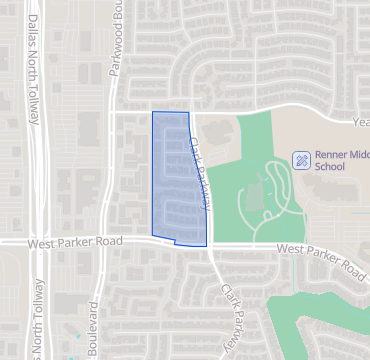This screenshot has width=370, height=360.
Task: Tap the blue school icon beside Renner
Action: pos(300,160)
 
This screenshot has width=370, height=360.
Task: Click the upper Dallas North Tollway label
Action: pos(35,70)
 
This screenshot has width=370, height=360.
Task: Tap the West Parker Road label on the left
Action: pos(76,242)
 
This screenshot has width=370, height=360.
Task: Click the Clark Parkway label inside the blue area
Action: pos(198,172)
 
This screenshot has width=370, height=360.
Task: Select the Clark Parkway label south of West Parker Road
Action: pos(231,316)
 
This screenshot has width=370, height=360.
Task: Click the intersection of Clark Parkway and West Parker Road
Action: pos(209,246)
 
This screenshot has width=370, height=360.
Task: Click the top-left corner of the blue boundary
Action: pos(152,111)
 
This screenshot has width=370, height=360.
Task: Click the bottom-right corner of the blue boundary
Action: pos(207,246)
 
